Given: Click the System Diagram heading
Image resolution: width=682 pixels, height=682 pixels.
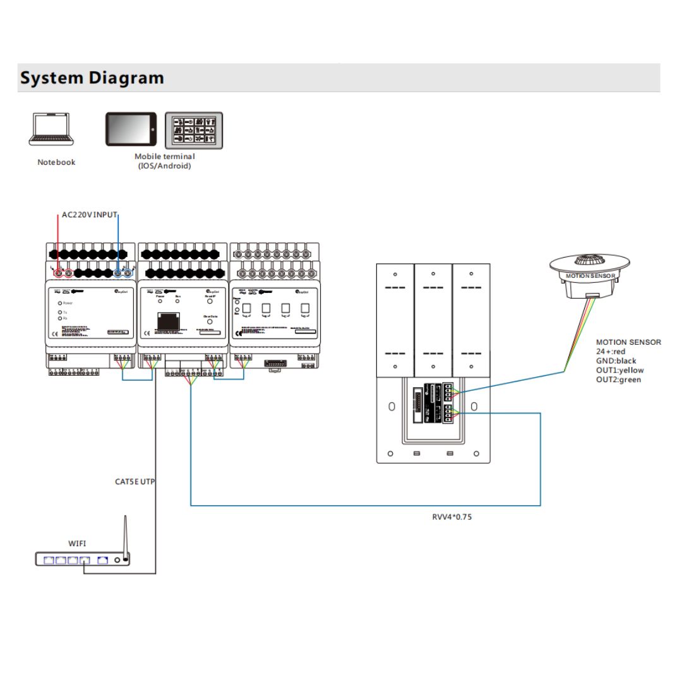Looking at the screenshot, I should pyautogui.click(x=92, y=78).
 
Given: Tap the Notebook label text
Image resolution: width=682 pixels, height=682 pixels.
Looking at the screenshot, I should pyautogui.click(x=56, y=162).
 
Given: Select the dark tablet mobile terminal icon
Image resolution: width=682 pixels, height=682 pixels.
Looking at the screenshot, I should pyautogui.click(x=131, y=129).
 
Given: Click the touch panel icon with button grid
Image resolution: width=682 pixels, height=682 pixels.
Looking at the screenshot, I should pyautogui.click(x=194, y=129).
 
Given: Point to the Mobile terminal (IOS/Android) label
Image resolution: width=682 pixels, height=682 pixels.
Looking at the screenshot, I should pyautogui.click(x=165, y=161).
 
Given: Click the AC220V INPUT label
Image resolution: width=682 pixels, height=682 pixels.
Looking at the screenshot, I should pyautogui.click(x=90, y=215).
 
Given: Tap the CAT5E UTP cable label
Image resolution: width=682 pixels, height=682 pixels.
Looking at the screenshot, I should pyautogui.click(x=135, y=482).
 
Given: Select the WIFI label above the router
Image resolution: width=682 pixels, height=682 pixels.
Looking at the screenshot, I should pyautogui.click(x=78, y=543).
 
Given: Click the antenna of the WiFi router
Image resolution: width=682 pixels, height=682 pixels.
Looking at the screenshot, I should pyautogui.click(x=125, y=534).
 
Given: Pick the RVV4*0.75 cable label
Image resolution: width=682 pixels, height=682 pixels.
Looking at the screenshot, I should pyautogui.click(x=452, y=517).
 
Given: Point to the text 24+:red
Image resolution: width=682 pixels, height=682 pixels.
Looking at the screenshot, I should pyautogui.click(x=611, y=352).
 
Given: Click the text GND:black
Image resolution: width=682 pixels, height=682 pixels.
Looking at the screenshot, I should pyautogui.click(x=616, y=361).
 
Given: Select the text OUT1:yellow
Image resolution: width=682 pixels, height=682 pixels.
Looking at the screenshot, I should pyautogui.click(x=620, y=371).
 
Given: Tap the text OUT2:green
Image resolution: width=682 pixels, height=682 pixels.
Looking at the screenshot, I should pyautogui.click(x=619, y=380).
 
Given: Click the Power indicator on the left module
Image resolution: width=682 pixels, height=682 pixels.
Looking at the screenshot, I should pyautogui.click(x=61, y=303).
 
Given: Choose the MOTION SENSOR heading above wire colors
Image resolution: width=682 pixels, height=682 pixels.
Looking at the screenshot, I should pyautogui.click(x=628, y=342).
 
